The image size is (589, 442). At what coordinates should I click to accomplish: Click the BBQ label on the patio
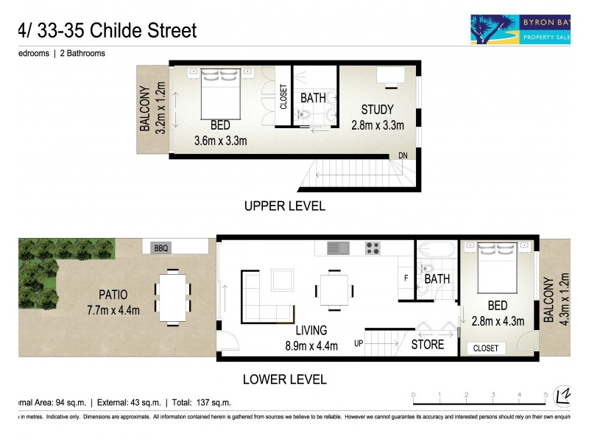[x=161, y=249]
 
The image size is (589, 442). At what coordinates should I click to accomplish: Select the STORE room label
[x=428, y=344]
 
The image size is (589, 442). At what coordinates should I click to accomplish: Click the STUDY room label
[x=377, y=110]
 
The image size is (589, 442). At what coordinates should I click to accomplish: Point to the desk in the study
[x=389, y=75]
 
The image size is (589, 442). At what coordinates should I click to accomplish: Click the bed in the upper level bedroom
[x=220, y=92]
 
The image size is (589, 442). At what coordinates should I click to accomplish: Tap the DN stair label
[x=403, y=155]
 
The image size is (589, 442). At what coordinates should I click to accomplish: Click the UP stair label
[x=359, y=343]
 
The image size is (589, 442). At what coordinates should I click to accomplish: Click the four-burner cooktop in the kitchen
[x=373, y=248]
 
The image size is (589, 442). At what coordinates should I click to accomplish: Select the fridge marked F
[x=405, y=278]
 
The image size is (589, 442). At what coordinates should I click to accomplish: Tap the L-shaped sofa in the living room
[x=262, y=298]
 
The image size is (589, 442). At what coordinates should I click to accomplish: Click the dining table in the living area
[x=334, y=288]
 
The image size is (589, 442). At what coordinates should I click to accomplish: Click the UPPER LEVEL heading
[x=284, y=206]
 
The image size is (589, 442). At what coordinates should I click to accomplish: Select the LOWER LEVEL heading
[x=284, y=380]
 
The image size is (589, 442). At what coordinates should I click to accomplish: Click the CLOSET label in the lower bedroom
[x=485, y=348]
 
